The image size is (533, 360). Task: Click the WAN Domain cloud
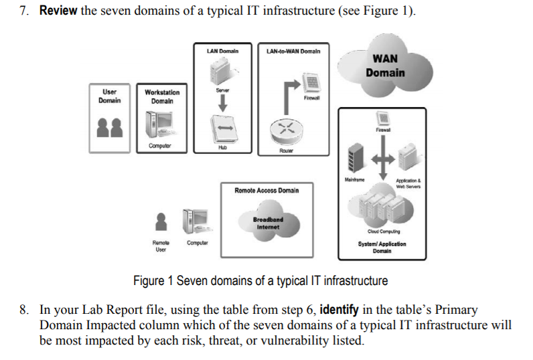[x=385, y=66]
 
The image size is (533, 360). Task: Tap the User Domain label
[x=109, y=96]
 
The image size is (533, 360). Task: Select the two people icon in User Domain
[x=109, y=127]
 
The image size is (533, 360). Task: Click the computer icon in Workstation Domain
[x=160, y=124]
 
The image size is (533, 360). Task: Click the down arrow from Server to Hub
[x=223, y=103]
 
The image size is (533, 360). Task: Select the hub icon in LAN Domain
[x=223, y=129]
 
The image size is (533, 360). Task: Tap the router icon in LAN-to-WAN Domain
[x=286, y=132]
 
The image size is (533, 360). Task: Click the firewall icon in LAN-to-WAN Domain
[x=311, y=82]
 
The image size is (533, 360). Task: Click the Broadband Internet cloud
[x=269, y=221]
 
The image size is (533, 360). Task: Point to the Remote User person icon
[x=161, y=221]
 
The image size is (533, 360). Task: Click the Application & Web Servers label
[x=408, y=183]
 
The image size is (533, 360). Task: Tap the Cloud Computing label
[x=384, y=232]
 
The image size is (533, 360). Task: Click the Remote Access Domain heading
[x=266, y=191]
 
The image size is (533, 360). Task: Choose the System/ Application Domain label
[x=382, y=247]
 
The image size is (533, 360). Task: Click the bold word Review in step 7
[x=58, y=11]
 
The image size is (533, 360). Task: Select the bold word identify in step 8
[x=339, y=310]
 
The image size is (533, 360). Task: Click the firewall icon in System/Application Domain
[x=383, y=118]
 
